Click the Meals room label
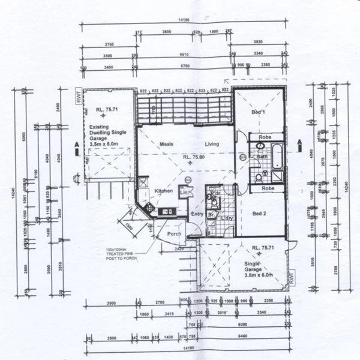(x=166, y=144)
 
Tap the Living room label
(x=211, y=144)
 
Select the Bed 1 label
(x=258, y=113)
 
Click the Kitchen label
(x=164, y=191)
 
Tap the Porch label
(x=174, y=234)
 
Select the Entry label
(x=197, y=214)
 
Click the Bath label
(x=262, y=157)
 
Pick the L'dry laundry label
(x=227, y=218)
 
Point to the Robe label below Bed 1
(x=265, y=137)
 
